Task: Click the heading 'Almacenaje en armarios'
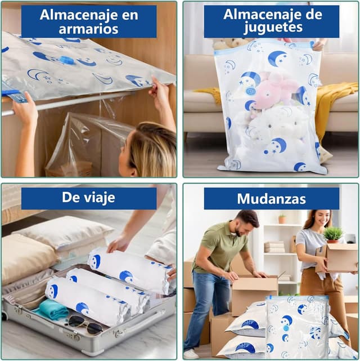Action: point(89,22)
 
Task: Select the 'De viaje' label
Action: point(89,198)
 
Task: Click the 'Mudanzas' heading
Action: point(271,199)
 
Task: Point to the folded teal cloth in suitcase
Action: point(52,310)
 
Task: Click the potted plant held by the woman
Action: point(333,234)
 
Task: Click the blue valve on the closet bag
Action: point(66,60)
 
